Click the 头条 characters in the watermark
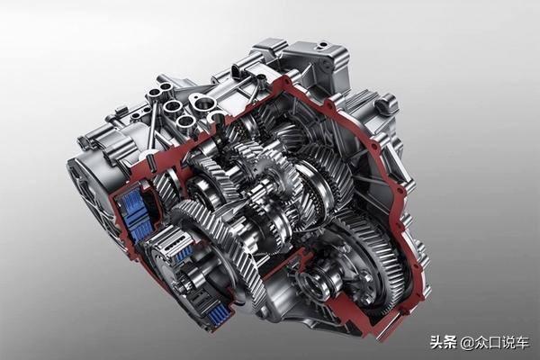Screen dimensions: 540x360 pyautogui.click(x=443, y=342)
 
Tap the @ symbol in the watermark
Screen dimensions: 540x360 pyautogui.click(x=466, y=342)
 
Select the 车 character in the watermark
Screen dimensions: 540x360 pyautogui.click(x=521, y=342)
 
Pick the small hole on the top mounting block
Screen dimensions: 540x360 pyautogui.click(x=323, y=45)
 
